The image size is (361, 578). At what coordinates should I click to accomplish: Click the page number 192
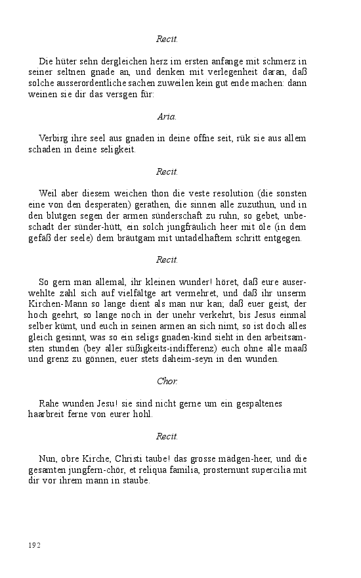click(34, 545)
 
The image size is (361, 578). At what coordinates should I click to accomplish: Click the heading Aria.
click(167, 116)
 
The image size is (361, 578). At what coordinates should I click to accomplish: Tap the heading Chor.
click(167, 380)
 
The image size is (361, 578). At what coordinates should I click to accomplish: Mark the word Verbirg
click(54, 138)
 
